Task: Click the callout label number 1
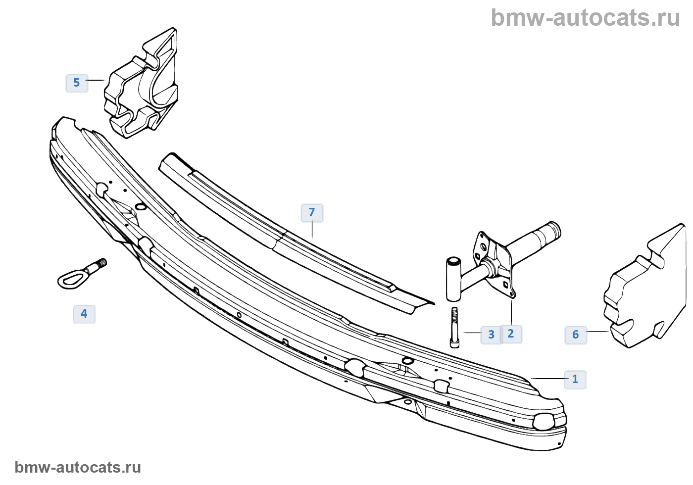click(575, 380)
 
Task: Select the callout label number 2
click(511, 334)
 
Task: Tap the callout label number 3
click(491, 335)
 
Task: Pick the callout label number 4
click(84, 314)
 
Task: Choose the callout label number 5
click(77, 83)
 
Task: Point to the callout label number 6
click(575, 335)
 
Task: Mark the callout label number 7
click(312, 213)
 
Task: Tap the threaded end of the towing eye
click(101, 264)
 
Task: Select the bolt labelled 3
click(454, 327)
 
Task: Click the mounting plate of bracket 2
click(497, 265)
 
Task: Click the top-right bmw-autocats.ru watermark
click(585, 18)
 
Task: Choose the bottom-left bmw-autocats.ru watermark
click(78, 467)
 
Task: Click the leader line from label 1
click(548, 379)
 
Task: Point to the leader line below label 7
click(312, 230)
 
